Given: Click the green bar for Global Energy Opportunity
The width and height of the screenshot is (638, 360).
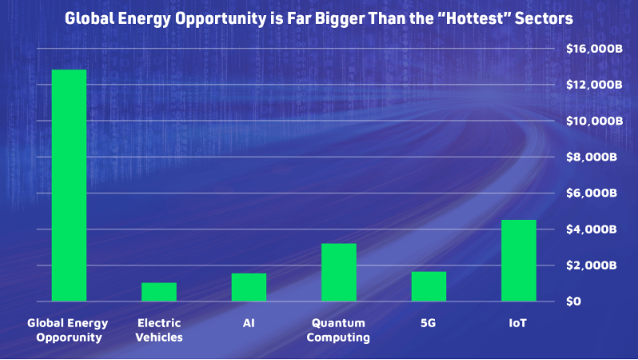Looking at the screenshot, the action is [x=70, y=186].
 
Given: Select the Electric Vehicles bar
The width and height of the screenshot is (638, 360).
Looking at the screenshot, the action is [x=159, y=292].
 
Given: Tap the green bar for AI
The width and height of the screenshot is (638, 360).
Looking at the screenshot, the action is [x=249, y=287].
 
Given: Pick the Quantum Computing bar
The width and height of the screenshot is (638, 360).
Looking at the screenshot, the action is [x=339, y=273].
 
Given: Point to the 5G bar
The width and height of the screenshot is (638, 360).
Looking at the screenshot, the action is [x=429, y=286].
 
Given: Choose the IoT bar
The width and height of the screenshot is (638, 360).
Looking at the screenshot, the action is [x=519, y=261].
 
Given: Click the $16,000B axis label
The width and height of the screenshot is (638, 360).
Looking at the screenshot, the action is [x=595, y=49].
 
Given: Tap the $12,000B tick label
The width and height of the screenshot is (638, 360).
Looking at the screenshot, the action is [x=595, y=85].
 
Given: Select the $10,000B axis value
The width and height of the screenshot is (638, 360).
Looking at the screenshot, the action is [x=595, y=121].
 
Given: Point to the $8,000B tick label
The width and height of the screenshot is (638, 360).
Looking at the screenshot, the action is [x=592, y=157].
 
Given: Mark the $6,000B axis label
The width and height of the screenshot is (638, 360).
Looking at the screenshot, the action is [x=592, y=193].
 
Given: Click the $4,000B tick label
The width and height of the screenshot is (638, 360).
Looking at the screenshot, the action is [x=592, y=230].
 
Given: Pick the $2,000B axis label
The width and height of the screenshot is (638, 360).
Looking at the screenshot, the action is [x=592, y=265].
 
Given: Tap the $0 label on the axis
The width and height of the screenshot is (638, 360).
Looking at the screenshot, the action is [x=573, y=302].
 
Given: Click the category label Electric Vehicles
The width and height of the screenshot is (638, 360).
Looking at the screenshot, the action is [x=159, y=330].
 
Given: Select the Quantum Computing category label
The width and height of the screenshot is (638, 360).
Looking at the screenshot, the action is [x=338, y=330].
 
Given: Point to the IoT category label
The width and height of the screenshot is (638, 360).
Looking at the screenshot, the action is [x=517, y=323].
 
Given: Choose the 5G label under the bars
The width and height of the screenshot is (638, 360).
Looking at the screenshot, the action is [x=428, y=323].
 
